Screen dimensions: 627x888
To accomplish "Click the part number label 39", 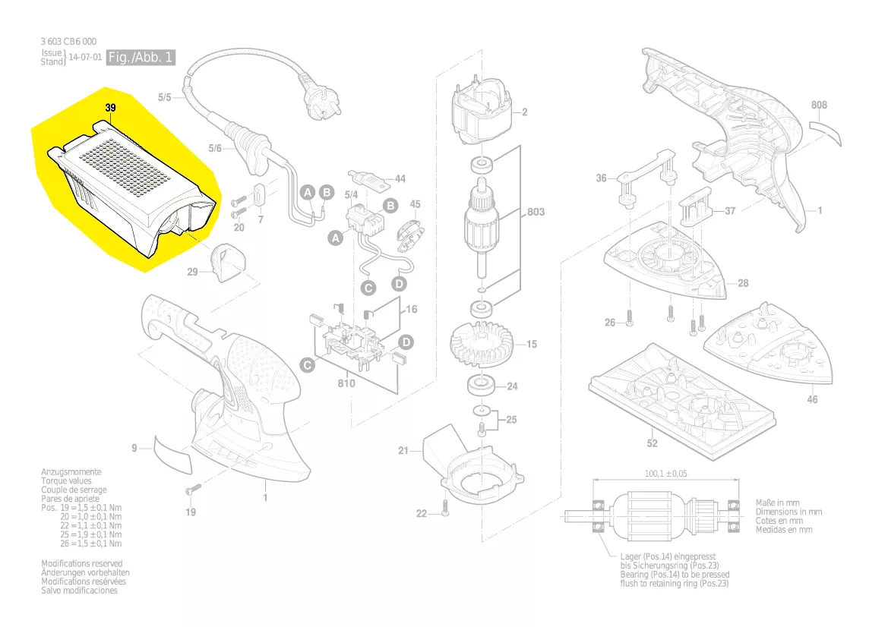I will pyautogui.click(x=110, y=109).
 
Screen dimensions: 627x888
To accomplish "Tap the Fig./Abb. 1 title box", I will pyautogui.click(x=141, y=58).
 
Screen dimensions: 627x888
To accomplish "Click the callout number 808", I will pyautogui.click(x=819, y=105).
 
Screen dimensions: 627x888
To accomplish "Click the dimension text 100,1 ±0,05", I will pyautogui.click(x=665, y=474).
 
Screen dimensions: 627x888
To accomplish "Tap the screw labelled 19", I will pyautogui.click(x=192, y=490).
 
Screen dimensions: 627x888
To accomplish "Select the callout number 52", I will pyautogui.click(x=652, y=443).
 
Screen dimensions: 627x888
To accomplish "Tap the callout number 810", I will pyautogui.click(x=346, y=383).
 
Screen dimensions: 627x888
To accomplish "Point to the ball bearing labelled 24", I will pyautogui.click(x=481, y=385).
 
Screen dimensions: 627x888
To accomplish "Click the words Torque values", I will pyautogui.click(x=66, y=480).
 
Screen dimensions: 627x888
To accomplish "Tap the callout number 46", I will pyautogui.click(x=812, y=399).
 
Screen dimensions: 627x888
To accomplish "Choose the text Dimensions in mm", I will pyautogui.click(x=788, y=512).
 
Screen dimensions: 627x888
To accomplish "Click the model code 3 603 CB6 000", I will pyautogui.click(x=68, y=41).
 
